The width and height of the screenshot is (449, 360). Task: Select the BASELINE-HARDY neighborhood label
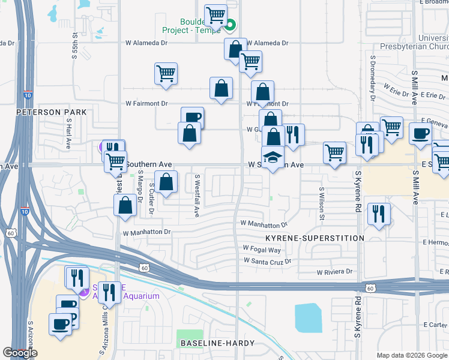click(217, 343)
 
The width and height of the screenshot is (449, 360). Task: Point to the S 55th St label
click(75, 46)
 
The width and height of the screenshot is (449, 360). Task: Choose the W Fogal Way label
click(262, 249)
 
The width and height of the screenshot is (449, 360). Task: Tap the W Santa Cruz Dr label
click(267, 261)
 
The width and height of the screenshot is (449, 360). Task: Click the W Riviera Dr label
click(334, 272)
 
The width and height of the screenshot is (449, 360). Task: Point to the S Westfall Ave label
click(196, 196)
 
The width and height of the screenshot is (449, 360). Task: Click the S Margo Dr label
click(140, 183)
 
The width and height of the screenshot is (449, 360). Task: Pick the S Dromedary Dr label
click(372, 78)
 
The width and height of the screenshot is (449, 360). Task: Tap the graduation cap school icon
click(273, 157)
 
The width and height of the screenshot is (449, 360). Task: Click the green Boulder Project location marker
click(230, 25)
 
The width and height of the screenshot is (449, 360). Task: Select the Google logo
click(20, 353)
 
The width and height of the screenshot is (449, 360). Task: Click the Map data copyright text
click(412, 355)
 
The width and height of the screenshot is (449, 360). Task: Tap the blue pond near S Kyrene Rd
click(309, 317)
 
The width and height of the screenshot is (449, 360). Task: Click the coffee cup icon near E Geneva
click(420, 133)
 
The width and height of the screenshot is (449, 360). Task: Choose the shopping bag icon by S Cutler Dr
click(166, 182)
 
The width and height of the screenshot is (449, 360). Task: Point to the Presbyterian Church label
click(415, 46)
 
